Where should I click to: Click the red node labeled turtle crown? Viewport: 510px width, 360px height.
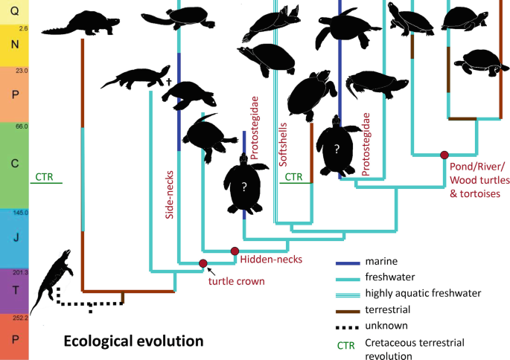coord(203,263)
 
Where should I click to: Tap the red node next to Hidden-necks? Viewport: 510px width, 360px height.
coord(235,251)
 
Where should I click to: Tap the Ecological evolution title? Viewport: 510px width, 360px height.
coord(133,341)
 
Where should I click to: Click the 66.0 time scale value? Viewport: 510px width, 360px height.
coord(20,127)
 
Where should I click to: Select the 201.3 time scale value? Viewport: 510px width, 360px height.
coord(20,272)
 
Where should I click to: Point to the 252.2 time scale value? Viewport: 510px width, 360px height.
coord(20,318)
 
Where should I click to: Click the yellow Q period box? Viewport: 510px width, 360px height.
coord(14,12)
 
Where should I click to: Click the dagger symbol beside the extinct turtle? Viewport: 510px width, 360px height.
coord(169,80)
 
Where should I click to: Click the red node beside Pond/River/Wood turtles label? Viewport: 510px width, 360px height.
coord(444,155)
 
